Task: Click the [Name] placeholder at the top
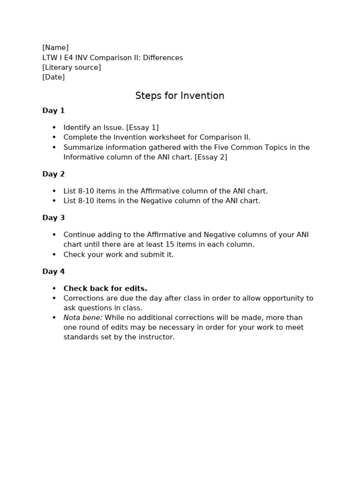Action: [55, 47]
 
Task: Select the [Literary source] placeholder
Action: [71, 67]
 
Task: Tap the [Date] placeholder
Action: [53, 77]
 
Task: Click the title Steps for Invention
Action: [180, 96]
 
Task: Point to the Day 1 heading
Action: [53, 111]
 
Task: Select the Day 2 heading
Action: [53, 174]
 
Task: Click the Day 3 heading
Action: [53, 218]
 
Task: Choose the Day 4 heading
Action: [53, 272]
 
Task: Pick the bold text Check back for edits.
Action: [105, 289]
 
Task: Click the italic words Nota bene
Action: [82, 318]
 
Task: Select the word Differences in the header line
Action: [163, 58]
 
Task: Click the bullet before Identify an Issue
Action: [54, 127]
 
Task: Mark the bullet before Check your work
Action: [54, 255]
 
